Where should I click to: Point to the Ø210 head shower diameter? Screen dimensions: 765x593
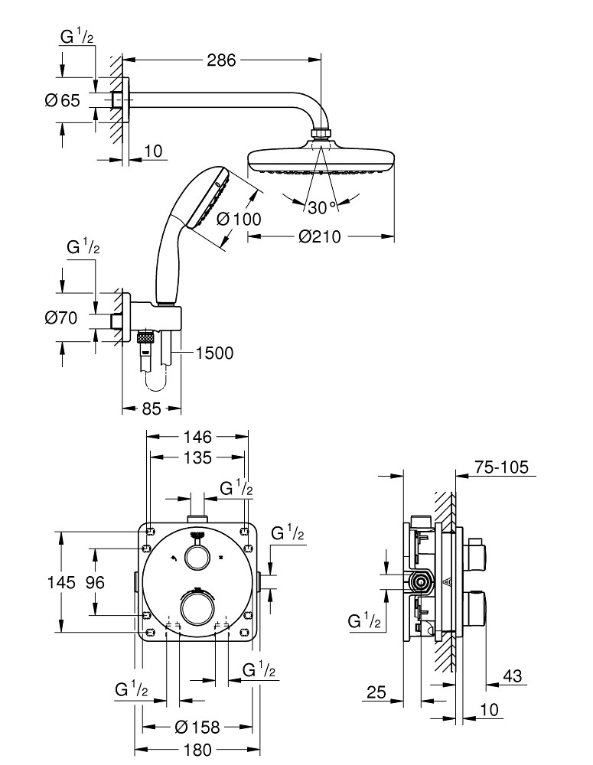(x=320, y=237)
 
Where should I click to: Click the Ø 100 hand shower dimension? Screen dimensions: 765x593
(x=239, y=219)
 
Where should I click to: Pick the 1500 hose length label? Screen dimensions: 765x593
(x=215, y=353)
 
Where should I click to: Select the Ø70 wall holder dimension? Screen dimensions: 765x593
(x=62, y=318)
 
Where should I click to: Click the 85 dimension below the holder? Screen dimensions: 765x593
(x=152, y=409)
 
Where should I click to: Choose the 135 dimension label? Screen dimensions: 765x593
(x=197, y=458)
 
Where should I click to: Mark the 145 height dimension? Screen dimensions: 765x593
(x=60, y=582)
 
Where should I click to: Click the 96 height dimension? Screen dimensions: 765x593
(x=94, y=582)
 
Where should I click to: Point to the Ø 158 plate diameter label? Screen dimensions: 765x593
(x=197, y=727)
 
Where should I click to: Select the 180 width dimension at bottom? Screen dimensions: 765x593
(x=197, y=750)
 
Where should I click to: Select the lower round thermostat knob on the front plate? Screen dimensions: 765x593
(x=197, y=609)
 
